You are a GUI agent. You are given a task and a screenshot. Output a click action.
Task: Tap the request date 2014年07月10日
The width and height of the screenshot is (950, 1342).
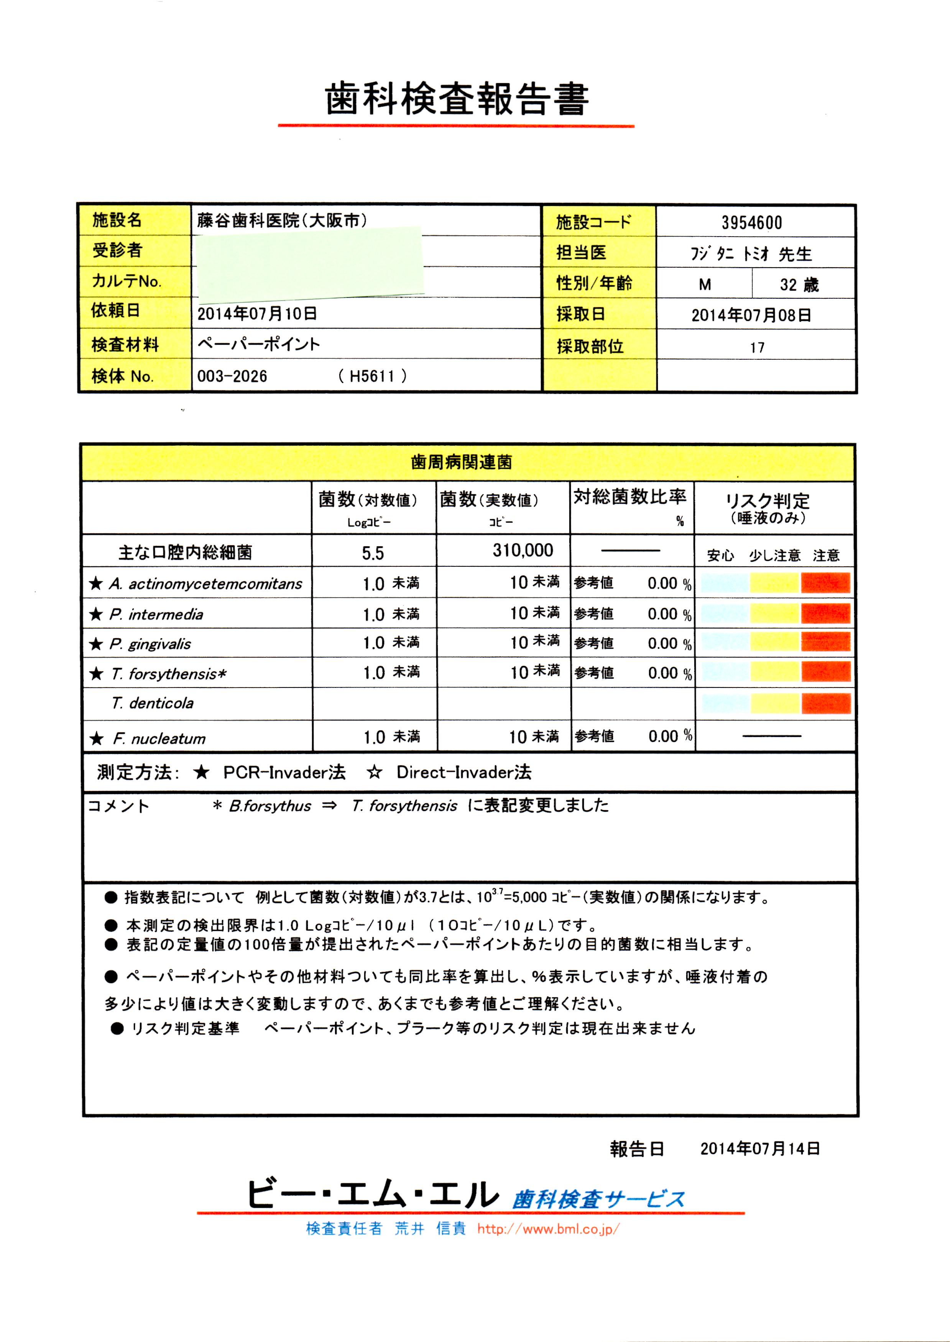257,314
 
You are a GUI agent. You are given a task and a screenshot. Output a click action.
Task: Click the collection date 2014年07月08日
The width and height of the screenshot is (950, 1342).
751,315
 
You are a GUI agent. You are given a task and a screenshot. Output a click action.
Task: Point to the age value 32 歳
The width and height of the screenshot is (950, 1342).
799,285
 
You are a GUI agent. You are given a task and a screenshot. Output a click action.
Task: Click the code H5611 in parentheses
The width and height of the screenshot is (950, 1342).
371,376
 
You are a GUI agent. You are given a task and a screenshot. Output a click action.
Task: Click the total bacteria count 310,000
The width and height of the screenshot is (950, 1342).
523,551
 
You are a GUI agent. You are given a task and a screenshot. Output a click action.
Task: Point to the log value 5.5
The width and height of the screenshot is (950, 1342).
373,553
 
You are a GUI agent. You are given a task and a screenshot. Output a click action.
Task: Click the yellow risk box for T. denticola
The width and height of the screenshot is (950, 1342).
774,703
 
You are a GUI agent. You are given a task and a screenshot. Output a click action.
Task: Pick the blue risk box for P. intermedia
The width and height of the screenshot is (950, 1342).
724,613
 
